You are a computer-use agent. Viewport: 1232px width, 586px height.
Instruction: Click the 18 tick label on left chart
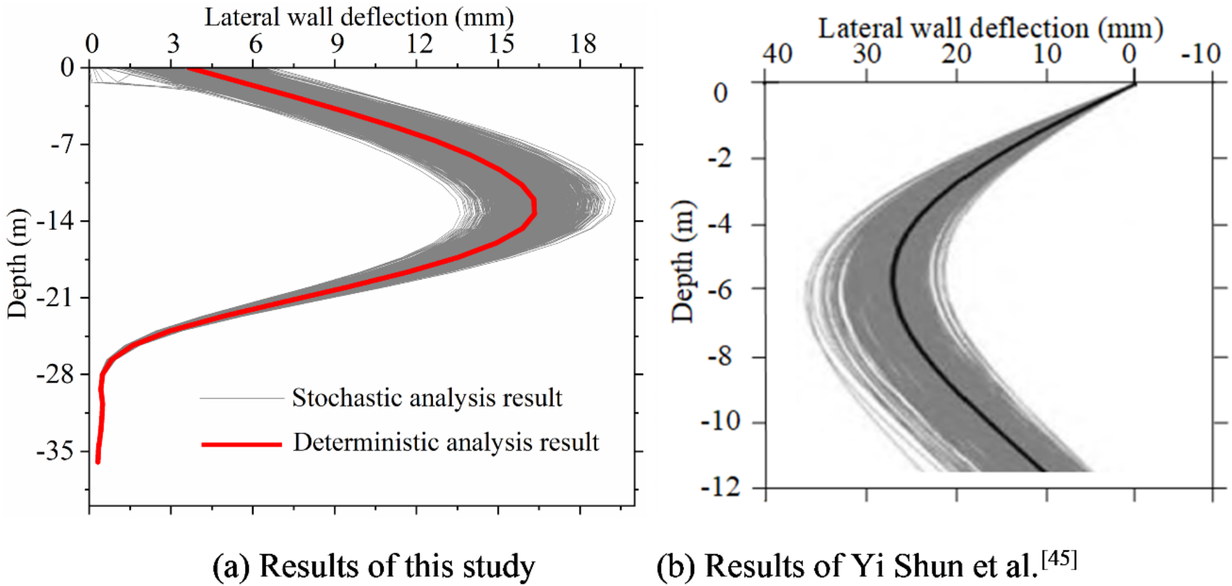(582, 44)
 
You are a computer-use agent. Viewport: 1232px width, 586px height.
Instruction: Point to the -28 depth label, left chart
(56, 374)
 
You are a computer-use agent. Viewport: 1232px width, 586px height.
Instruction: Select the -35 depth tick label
(56, 451)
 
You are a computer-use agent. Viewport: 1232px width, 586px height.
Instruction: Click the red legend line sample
(241, 443)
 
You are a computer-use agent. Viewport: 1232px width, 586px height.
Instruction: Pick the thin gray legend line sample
(241, 399)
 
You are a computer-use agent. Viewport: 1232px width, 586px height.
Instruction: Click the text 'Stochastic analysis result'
(426, 398)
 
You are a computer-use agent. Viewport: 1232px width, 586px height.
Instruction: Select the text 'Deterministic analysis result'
(446, 442)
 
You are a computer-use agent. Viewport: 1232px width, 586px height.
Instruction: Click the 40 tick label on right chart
(777, 54)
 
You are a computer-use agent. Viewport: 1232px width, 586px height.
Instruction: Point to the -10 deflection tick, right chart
(1201, 54)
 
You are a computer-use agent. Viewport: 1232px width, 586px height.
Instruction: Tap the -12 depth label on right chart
(721, 488)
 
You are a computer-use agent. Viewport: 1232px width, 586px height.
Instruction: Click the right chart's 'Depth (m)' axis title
(682, 261)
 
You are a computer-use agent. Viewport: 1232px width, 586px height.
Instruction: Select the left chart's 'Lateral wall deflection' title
(359, 17)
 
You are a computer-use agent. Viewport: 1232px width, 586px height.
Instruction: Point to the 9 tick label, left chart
(337, 44)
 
